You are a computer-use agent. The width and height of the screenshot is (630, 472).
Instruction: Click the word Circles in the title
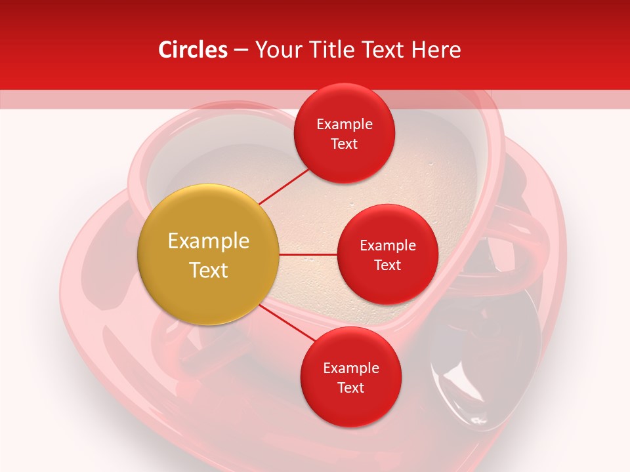(192, 50)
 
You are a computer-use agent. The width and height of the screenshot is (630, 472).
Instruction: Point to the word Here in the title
(436, 50)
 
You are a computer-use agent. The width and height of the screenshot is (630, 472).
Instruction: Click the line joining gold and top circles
(283, 185)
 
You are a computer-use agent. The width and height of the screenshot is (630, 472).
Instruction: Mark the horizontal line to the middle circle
(308, 254)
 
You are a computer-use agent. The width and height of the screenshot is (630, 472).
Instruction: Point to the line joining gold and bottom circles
(285, 323)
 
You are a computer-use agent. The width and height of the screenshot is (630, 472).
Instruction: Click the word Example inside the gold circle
(208, 241)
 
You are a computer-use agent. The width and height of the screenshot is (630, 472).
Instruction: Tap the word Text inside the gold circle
(208, 270)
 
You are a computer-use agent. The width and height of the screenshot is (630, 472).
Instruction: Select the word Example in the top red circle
(344, 125)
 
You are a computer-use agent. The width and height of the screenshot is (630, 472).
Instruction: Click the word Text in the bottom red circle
(350, 388)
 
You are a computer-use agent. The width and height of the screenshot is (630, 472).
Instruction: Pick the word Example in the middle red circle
(387, 246)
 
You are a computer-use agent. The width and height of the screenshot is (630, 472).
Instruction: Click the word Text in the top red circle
(344, 144)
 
